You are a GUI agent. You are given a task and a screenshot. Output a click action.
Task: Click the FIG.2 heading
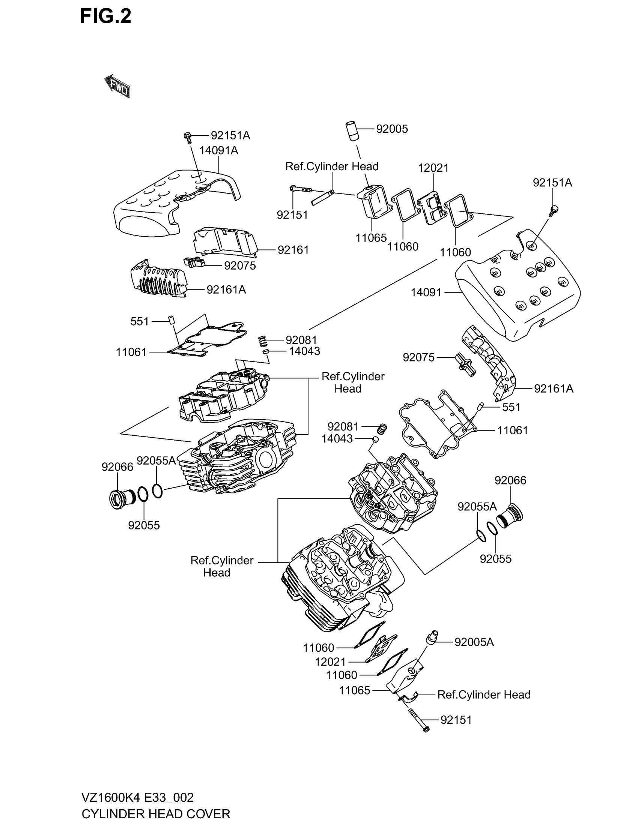105,16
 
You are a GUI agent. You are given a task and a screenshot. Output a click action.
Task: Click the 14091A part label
218,150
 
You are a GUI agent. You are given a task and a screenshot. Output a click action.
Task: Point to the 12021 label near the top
433,168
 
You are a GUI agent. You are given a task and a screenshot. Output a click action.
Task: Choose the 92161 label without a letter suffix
293,250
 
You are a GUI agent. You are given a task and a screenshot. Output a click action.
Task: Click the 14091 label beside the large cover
426,292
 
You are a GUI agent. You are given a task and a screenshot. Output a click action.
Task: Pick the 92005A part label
474,642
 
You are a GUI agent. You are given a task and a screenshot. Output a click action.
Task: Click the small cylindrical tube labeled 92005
352,131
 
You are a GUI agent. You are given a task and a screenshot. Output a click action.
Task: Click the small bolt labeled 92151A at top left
188,137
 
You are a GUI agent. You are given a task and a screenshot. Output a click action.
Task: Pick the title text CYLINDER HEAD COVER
156,814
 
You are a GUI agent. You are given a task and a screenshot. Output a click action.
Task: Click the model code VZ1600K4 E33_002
138,797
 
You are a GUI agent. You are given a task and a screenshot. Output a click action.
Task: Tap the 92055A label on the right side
477,507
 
